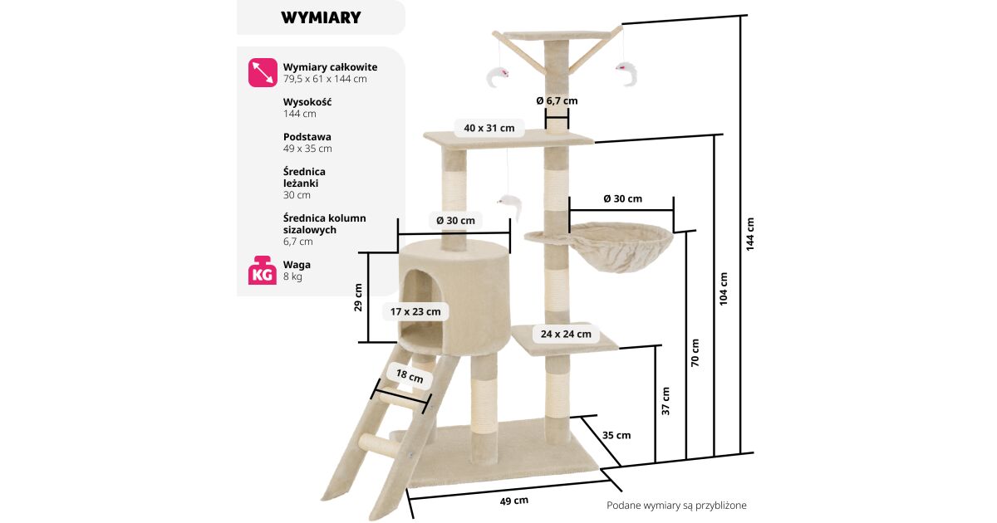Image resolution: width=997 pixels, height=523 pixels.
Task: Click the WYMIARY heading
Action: pyautogui.click(x=321, y=17)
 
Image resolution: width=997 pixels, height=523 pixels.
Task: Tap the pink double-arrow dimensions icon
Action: pyautogui.click(x=263, y=72)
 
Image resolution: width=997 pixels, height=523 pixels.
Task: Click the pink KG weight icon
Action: pyautogui.click(x=263, y=270)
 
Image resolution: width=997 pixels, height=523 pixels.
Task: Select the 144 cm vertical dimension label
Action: pyautogui.click(x=750, y=234)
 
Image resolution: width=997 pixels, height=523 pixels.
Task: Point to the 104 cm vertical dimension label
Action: pyautogui.click(x=724, y=289)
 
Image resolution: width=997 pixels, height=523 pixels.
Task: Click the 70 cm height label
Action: pyautogui.click(x=695, y=353)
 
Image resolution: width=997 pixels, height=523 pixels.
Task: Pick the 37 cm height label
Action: pyautogui.click(x=665, y=401)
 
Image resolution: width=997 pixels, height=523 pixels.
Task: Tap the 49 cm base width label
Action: pyautogui.click(x=514, y=501)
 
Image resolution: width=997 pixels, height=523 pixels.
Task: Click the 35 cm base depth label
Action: pyautogui.click(x=616, y=435)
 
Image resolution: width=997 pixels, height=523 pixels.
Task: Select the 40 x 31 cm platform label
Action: pyautogui.click(x=489, y=128)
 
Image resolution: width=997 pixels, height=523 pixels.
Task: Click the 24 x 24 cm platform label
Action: pyautogui.click(x=566, y=334)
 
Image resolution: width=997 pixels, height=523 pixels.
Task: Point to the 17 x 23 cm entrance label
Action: pyautogui.click(x=415, y=312)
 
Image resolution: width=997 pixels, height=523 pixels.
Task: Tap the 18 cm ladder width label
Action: pyautogui.click(x=410, y=376)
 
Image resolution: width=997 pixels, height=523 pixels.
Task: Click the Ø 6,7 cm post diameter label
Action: pyautogui.click(x=557, y=101)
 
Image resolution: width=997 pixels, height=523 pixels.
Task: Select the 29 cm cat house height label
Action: pyautogui.click(x=358, y=297)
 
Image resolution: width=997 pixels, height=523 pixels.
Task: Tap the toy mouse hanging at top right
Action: pyautogui.click(x=627, y=73)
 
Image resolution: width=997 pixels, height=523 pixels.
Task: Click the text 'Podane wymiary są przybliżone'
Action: pyautogui.click(x=676, y=506)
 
